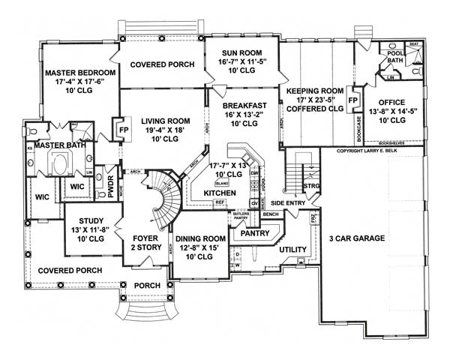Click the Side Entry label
point(289,202)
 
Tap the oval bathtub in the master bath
point(58,161)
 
